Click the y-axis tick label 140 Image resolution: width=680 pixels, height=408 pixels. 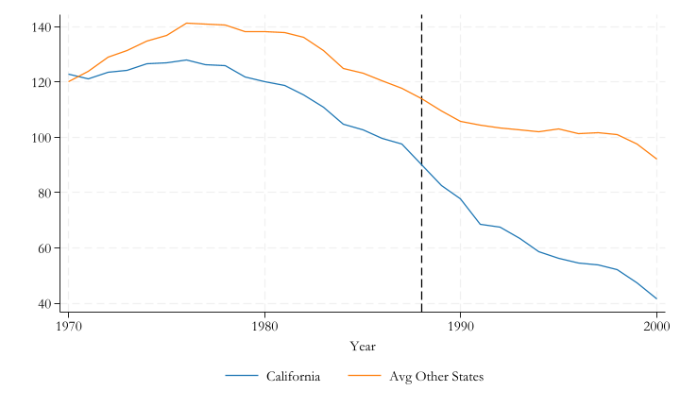[x=42, y=27]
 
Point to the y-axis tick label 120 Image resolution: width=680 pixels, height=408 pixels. [x=42, y=82]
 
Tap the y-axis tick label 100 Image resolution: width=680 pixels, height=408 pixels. [x=42, y=138]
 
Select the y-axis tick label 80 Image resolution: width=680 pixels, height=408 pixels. [x=44, y=193]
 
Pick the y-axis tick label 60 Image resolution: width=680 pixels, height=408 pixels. [x=44, y=248]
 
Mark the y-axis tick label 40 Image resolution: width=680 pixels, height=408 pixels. [x=44, y=304]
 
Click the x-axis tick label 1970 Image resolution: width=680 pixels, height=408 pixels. [x=68, y=326]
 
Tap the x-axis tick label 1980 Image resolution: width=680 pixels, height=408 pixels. [x=264, y=326]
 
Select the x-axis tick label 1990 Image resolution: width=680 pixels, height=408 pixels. [x=460, y=326]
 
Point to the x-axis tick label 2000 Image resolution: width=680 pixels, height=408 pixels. [x=656, y=326]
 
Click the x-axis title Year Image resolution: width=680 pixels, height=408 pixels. [x=363, y=347]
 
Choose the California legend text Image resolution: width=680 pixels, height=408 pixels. [x=293, y=377]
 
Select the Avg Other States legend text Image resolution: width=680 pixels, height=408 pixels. [x=436, y=377]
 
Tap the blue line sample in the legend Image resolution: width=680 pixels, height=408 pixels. [x=242, y=377]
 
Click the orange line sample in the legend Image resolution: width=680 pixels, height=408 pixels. [x=365, y=377]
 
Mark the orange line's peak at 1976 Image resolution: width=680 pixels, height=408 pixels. [x=186, y=23]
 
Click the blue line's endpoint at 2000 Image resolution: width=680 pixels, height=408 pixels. [x=656, y=298]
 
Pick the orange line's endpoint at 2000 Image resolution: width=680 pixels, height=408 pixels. [x=656, y=159]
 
